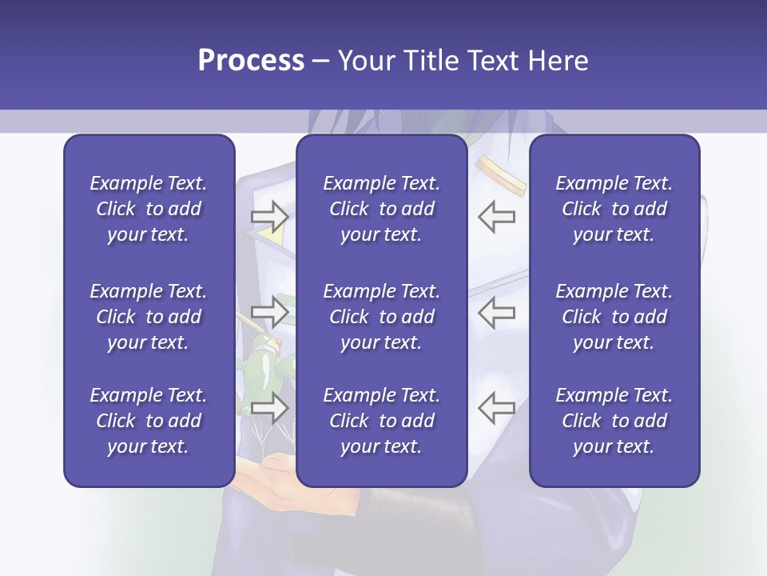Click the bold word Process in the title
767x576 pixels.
250,61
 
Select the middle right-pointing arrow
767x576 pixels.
269,312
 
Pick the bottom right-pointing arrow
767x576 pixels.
269,407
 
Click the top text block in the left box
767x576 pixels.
149,209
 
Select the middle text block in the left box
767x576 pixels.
149,317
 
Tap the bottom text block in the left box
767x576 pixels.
149,421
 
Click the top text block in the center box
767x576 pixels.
381,209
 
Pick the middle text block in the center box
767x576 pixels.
381,317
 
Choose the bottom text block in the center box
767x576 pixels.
381,421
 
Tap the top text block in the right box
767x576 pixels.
614,209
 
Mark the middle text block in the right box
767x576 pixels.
614,317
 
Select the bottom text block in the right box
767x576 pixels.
614,421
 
